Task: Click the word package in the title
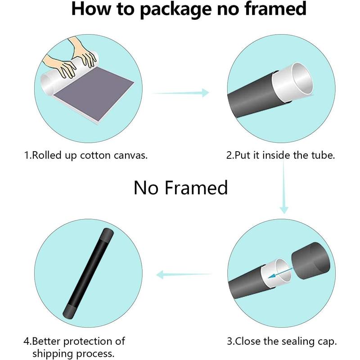[x=176, y=9]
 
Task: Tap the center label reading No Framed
[x=181, y=188]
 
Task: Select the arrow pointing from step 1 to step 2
[x=181, y=93]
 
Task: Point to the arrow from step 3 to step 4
[x=184, y=274]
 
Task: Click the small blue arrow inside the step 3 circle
[x=280, y=273]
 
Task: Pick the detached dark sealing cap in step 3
[x=310, y=261]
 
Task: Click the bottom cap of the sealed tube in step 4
[x=70, y=311]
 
